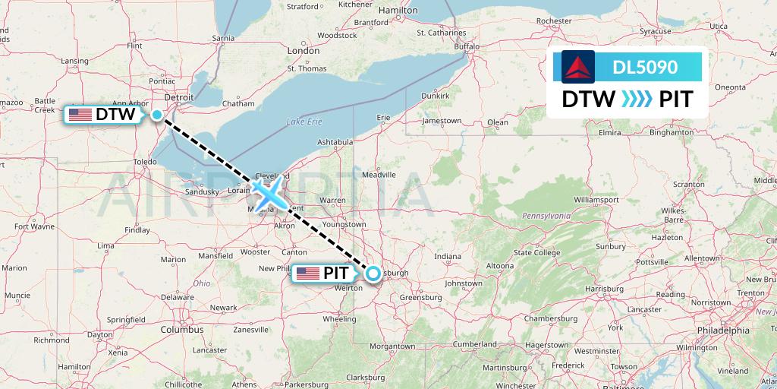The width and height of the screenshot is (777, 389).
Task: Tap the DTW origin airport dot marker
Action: [x=156, y=115]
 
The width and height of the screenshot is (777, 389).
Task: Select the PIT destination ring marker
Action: [x=373, y=274]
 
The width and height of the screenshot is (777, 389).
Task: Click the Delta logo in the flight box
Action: [x=578, y=67]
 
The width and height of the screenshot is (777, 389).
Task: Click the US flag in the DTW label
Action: [x=80, y=115]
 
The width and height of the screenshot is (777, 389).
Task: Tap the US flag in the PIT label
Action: [x=308, y=274]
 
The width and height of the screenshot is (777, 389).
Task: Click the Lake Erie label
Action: [x=304, y=122]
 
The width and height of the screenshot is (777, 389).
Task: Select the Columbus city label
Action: [x=181, y=330]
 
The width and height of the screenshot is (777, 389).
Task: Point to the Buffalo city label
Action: [x=467, y=46]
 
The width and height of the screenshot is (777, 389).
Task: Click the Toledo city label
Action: [x=144, y=163]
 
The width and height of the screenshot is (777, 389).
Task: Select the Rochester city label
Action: [x=574, y=21]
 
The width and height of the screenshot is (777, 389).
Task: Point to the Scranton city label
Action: [x=688, y=185]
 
